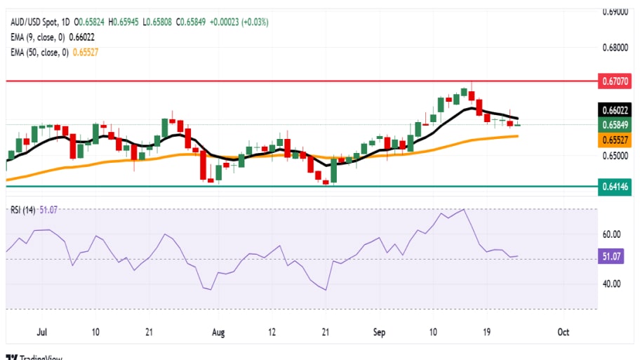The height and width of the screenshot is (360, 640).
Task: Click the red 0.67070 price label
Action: pyautogui.click(x=614, y=81)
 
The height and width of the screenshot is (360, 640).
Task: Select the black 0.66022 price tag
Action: pyautogui.click(x=614, y=109)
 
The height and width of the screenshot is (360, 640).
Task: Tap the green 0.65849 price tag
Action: pyautogui.click(x=614, y=125)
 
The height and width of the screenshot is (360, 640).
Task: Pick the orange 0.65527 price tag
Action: pyautogui.click(x=614, y=140)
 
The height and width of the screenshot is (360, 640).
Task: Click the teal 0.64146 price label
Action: pyautogui.click(x=614, y=187)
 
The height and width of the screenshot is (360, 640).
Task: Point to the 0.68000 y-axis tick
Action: pyautogui.click(x=615, y=48)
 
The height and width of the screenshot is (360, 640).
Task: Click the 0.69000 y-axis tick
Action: pyautogui.click(x=615, y=12)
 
